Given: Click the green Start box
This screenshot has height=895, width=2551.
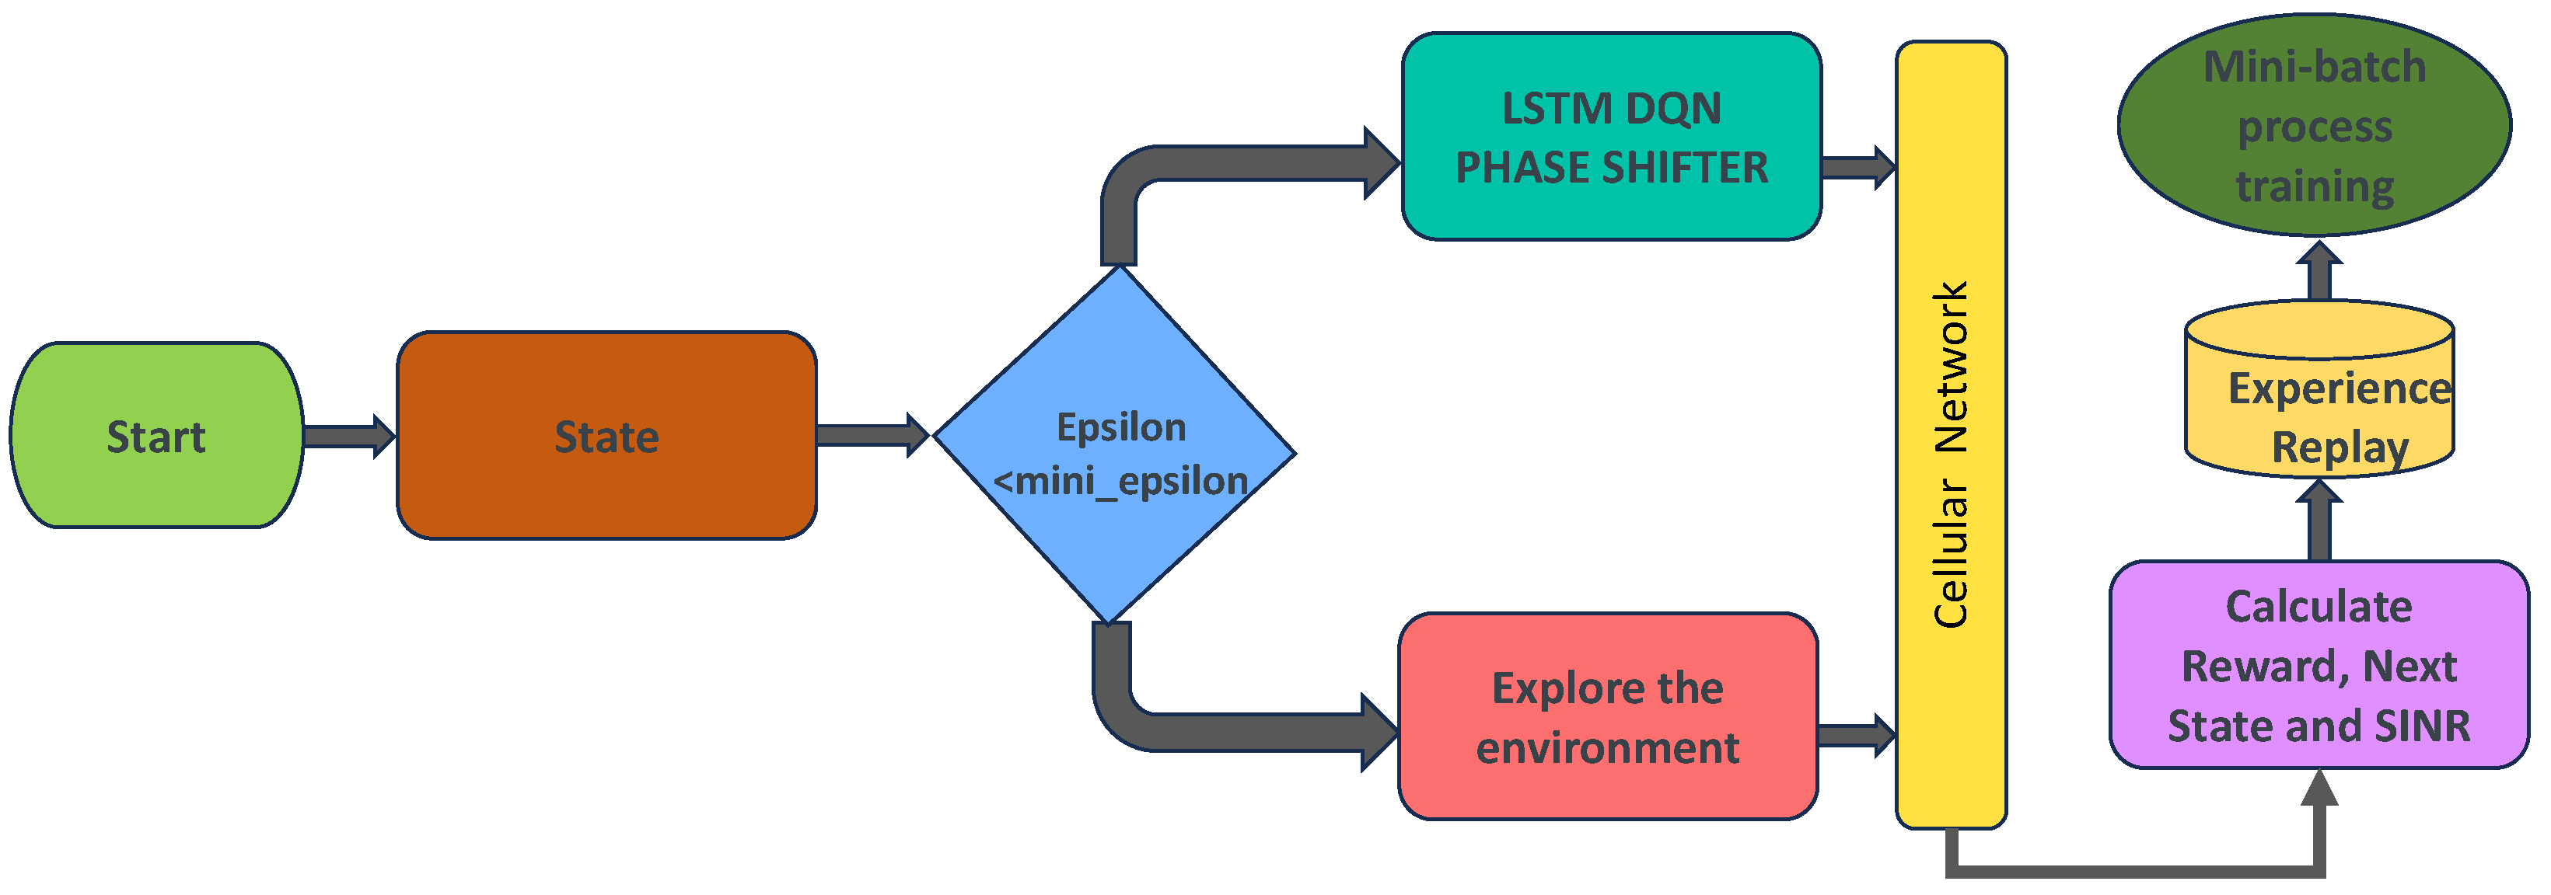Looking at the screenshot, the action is coord(156,436).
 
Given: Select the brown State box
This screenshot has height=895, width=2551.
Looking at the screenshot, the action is coord(606,436).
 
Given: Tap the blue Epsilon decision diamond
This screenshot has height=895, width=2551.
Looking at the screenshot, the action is coord(1114,444).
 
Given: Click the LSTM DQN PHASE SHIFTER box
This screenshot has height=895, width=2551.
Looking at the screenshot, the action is coord(1611,137).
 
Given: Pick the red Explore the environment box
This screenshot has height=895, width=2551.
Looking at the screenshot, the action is coord(1607,717).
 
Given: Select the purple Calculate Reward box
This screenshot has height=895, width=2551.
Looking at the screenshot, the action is coord(2319,664).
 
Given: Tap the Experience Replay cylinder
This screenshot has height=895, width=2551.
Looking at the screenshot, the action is coord(2319,389).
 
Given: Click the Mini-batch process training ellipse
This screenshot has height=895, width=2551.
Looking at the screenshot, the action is coord(2315,125).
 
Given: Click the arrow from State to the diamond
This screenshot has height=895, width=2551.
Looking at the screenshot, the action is coord(872,436).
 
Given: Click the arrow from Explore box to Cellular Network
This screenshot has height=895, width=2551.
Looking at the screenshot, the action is coord(1857,736).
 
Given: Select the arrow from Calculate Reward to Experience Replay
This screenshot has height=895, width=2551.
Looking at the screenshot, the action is coord(2319,521).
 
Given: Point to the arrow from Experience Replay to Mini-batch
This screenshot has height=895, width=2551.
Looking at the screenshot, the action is coord(2319,270).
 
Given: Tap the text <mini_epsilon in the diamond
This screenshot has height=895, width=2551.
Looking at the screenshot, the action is coord(1120,481).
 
